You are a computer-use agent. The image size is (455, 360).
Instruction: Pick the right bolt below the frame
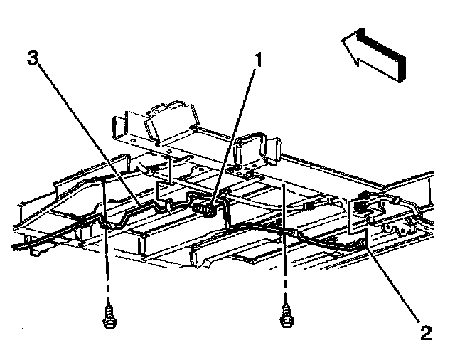pyautogui.click(x=286, y=317)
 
